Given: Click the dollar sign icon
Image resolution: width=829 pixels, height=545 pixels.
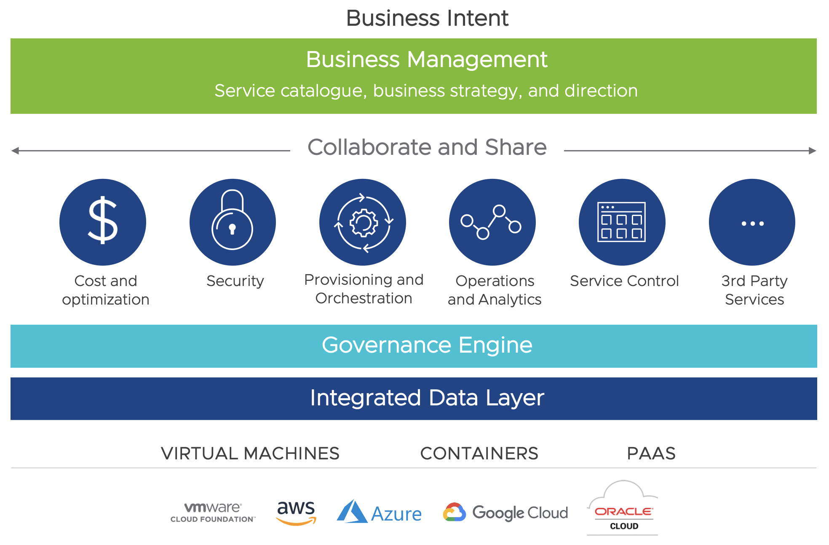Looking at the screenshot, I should (x=102, y=221).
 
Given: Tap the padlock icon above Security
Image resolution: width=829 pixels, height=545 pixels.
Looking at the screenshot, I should (x=233, y=221).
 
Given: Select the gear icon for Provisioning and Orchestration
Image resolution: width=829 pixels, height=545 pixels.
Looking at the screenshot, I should (x=363, y=222).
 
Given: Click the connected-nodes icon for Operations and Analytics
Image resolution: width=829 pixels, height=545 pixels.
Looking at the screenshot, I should (x=492, y=222).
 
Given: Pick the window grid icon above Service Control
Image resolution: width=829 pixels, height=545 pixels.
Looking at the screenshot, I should (x=622, y=222).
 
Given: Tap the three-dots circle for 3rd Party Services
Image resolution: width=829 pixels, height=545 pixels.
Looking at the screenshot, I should (x=752, y=222).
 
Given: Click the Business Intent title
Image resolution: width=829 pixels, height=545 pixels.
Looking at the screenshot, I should (x=427, y=18).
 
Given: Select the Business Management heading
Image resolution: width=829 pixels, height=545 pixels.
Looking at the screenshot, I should (x=426, y=59).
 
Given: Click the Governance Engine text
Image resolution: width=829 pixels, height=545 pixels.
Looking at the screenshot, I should (x=427, y=345).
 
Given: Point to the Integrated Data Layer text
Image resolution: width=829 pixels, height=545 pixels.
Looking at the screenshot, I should (x=427, y=398).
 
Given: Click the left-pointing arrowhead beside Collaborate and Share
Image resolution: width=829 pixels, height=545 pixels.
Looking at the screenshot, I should (x=15, y=151).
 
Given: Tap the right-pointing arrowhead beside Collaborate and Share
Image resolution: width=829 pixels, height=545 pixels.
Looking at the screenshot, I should (x=813, y=151).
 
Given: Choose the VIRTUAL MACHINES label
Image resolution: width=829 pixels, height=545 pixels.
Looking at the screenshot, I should (x=250, y=453).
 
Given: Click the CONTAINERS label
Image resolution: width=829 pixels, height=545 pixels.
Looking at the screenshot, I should (x=479, y=453).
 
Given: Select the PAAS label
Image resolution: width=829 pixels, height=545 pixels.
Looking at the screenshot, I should (x=651, y=453).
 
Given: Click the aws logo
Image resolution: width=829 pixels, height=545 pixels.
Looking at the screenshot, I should (x=296, y=512).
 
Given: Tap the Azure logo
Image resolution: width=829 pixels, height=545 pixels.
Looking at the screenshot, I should (x=379, y=513).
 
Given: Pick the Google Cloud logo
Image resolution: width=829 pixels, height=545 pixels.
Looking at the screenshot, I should (x=505, y=513).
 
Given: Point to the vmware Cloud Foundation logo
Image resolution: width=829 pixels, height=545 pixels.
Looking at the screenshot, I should (x=213, y=512).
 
